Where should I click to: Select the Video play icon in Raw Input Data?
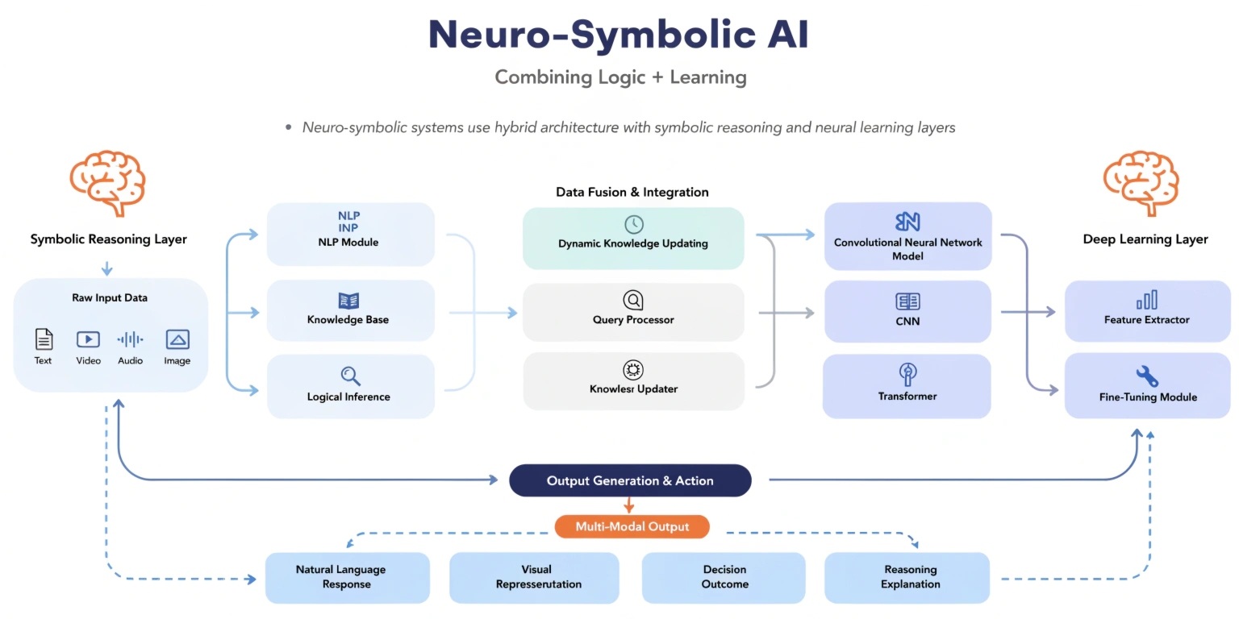88,339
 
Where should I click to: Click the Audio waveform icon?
130,339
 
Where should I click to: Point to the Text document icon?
44,339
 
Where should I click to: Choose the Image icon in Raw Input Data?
177,339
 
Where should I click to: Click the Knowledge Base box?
350,310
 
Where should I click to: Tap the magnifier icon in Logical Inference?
350,376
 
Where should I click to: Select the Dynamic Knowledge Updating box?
633,238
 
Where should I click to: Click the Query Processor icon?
633,301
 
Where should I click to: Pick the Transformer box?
907,386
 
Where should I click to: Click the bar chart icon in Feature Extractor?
1146,300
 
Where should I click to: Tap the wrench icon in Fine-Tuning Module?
1146,376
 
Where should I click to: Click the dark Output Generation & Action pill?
630,480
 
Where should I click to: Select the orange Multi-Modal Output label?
632,527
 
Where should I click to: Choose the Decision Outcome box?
724,577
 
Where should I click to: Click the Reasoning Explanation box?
907,577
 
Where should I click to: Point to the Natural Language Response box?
347,577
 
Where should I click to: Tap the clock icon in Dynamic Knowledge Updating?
634,224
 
